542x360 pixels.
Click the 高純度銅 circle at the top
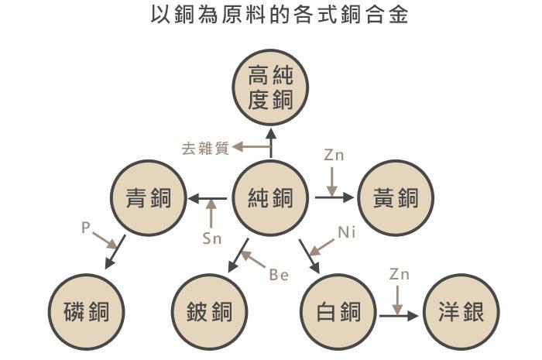(271, 87)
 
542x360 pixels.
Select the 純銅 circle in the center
(271, 198)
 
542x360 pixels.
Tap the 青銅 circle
(148, 198)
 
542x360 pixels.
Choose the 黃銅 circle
(394, 198)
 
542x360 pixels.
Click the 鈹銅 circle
(209, 313)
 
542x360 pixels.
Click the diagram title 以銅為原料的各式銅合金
(272, 15)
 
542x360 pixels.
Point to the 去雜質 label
(205, 148)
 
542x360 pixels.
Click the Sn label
(211, 238)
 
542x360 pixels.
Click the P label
(86, 228)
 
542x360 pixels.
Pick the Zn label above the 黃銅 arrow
(334, 155)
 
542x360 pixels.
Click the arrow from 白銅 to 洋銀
(399, 315)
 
